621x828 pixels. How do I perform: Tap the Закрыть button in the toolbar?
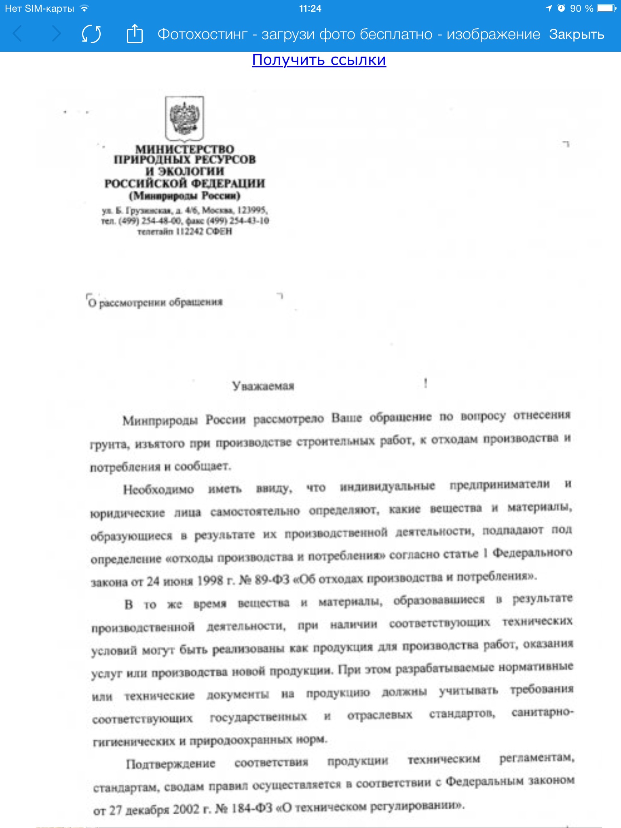click(576, 34)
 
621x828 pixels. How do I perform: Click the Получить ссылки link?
click(319, 60)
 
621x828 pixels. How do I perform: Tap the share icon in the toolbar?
click(135, 34)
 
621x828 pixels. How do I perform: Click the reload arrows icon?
click(91, 34)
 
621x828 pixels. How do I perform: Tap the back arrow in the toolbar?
click(17, 34)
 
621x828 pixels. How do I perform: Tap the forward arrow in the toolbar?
click(57, 34)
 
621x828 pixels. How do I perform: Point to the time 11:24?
click(310, 8)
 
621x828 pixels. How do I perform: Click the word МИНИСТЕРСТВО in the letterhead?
click(185, 149)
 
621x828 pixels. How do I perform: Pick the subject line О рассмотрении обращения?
click(156, 302)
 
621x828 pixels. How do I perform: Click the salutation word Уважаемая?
click(263, 386)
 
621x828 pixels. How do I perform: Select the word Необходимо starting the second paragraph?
click(158, 490)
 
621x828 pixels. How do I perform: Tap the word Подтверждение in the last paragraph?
click(171, 764)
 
